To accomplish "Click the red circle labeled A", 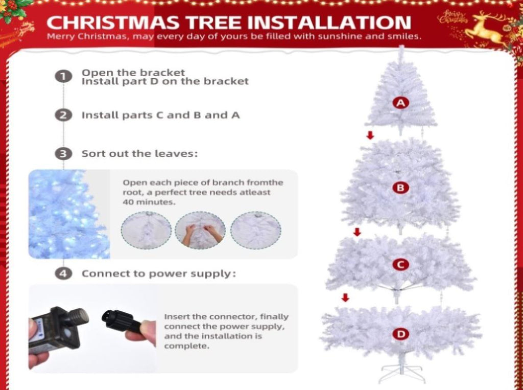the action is [x=400, y=103].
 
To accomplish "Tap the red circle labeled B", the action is [x=400, y=188].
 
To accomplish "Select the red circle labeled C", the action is [x=400, y=264].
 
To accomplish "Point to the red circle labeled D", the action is [x=400, y=334].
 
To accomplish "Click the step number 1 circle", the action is [x=63, y=77].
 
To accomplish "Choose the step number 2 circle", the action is [x=63, y=115].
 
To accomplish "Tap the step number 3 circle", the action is [x=63, y=154].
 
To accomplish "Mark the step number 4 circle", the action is [x=63, y=274].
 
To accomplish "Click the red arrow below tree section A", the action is [x=370, y=135].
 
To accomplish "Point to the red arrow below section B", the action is [x=357, y=232].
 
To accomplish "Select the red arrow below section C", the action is [x=346, y=297].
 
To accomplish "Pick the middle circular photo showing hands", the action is [x=200, y=230].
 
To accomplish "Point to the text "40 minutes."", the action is [x=149, y=202].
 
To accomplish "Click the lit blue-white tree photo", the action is [x=69, y=214].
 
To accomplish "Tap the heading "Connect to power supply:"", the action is [x=159, y=274].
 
